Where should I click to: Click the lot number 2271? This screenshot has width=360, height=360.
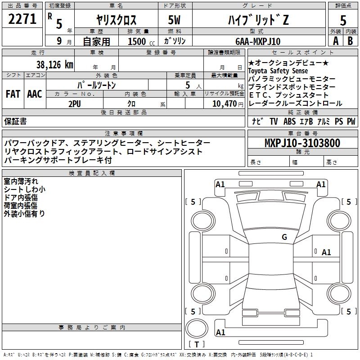click(x=22, y=20)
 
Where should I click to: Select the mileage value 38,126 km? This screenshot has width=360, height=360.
click(x=54, y=64)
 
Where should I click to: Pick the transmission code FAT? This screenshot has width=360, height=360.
click(x=13, y=94)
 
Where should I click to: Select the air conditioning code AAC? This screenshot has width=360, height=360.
click(x=35, y=94)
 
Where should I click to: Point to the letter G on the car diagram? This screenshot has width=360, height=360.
click(x=284, y=237)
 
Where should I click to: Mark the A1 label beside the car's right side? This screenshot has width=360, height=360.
click(x=326, y=252)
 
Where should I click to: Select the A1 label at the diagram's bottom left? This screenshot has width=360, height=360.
click(x=220, y=333)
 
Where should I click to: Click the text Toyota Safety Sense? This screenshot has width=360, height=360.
click(x=278, y=71)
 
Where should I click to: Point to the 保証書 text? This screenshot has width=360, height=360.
click(x=15, y=121)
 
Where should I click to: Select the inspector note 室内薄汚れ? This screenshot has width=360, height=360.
click(x=21, y=181)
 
